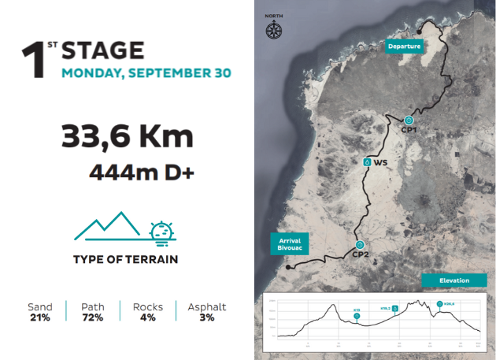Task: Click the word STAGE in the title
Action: [102, 51]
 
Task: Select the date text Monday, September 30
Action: [146, 73]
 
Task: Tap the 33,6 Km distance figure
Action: [127, 137]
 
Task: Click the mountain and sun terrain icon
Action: [124, 227]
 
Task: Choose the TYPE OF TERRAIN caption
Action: [125, 259]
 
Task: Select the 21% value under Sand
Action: [39, 317]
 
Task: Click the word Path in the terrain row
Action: [91, 306]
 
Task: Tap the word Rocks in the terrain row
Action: [148, 306]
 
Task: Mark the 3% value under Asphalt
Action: [205, 317]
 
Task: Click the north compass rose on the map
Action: [274, 31]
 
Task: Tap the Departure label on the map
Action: [405, 46]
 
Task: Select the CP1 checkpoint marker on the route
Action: [409, 121]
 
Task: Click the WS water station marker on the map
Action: [367, 161]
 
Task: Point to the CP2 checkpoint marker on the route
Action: [360, 244]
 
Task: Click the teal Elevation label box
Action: [453, 280]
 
